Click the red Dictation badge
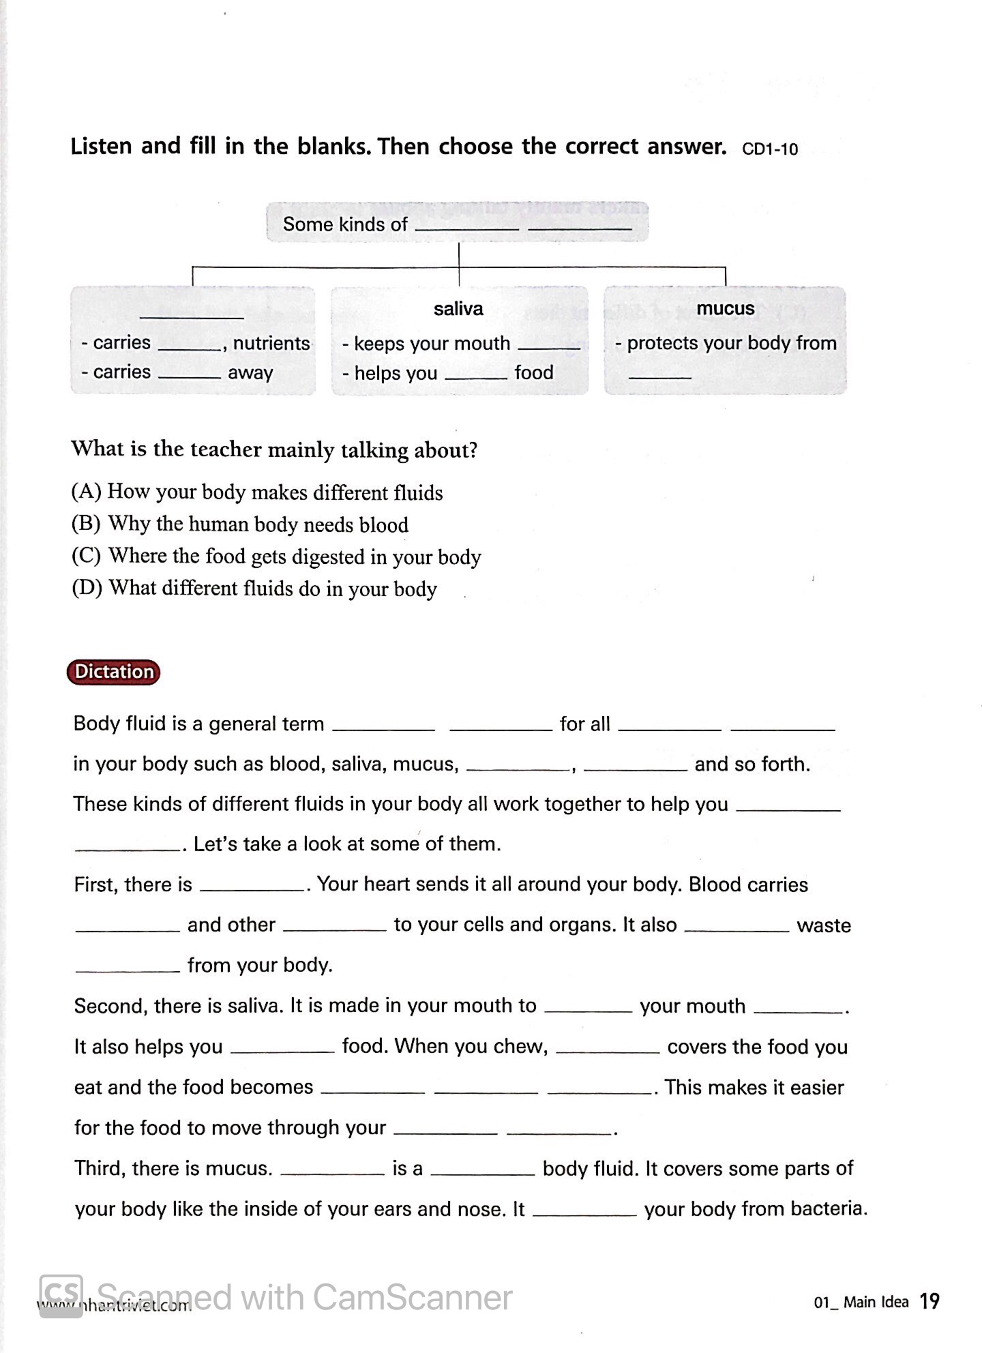coord(113,672)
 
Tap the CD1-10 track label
coord(769,149)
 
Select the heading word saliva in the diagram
coord(458,309)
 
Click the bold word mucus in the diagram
coord(725,309)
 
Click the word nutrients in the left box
coord(271,343)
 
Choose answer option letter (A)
coord(86,491)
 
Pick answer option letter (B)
coord(86,523)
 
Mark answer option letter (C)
coord(86,555)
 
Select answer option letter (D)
coord(87,587)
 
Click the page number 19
coord(929,1301)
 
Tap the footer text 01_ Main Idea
coord(861,1302)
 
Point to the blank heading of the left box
coord(192,315)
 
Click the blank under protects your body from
coord(659,375)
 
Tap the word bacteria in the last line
coord(836,1208)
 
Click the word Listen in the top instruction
coord(102,146)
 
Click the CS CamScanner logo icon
coord(61,1295)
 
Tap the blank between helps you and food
coord(475,376)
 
